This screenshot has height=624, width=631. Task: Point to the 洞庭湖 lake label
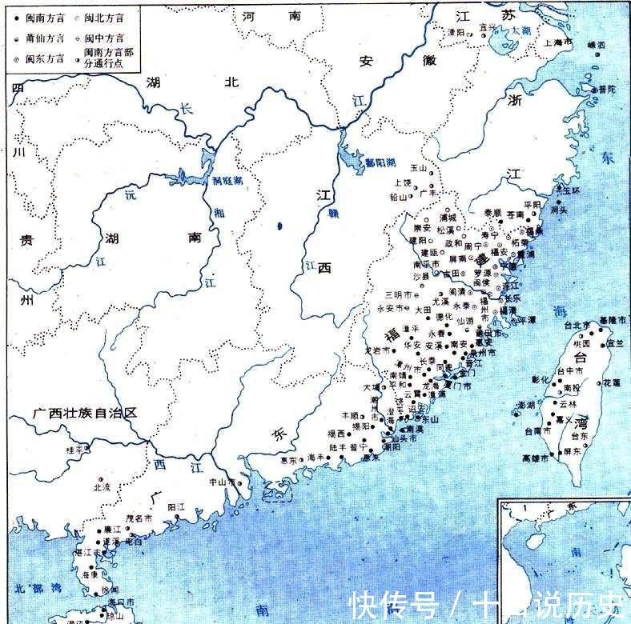205,181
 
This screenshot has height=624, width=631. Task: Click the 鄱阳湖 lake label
380,162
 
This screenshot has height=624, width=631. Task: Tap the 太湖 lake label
521,30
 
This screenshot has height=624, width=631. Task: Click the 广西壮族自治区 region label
86,413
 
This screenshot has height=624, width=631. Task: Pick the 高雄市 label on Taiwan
536,458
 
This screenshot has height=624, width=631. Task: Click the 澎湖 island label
525,404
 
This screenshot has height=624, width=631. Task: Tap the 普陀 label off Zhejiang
608,90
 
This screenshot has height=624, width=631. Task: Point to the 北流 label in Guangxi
102,486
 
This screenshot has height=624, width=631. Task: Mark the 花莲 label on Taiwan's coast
613,382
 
